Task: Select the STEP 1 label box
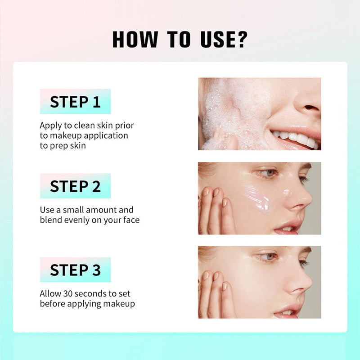tap(75, 101)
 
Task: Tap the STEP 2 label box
tap(75, 186)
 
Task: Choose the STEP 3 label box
tap(75, 270)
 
